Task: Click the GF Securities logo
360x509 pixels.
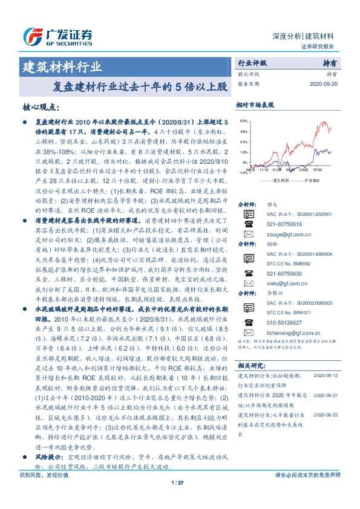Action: pos(57,34)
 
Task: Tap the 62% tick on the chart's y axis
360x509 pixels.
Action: pos(243,121)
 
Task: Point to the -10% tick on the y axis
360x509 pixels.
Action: pos(242,172)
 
